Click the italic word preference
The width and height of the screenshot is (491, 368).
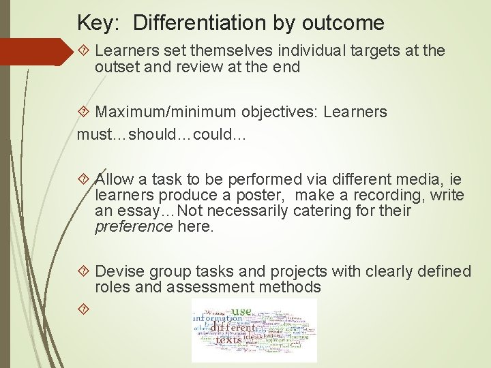point(134,227)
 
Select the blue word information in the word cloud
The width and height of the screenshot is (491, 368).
point(217,318)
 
